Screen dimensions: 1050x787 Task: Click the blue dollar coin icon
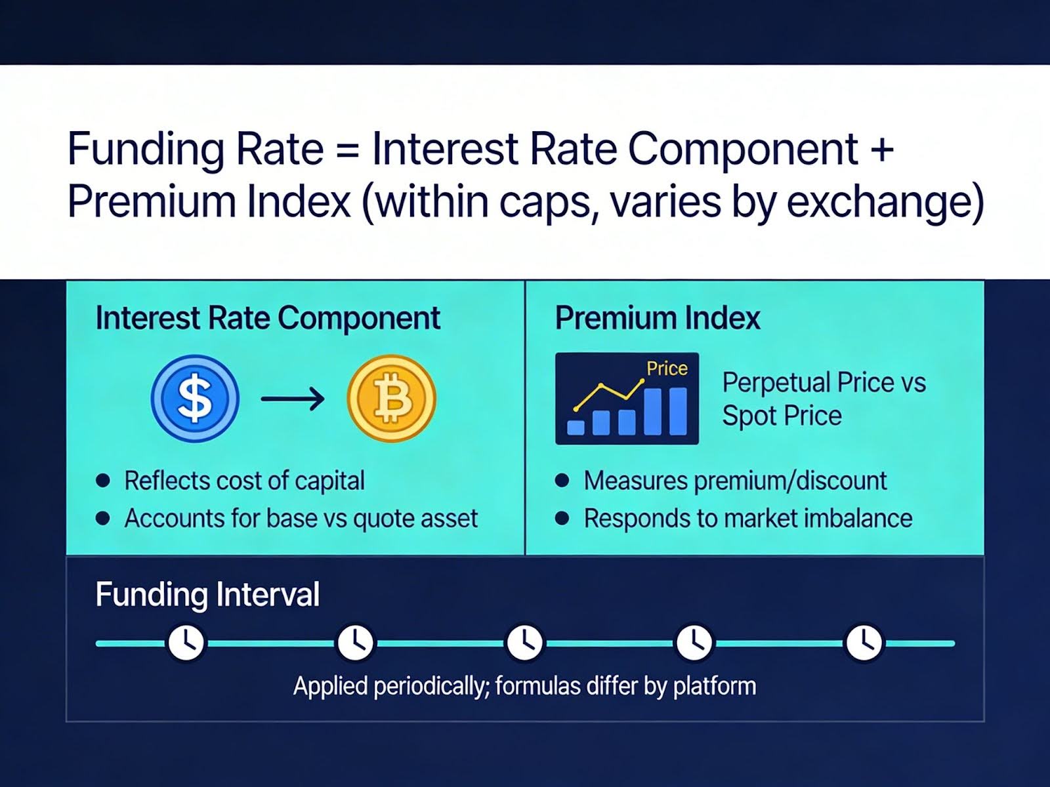[195, 398]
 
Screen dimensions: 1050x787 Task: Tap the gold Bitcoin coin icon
[391, 398]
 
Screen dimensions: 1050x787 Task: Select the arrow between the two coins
[293, 398]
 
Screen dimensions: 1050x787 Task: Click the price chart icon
[627, 398]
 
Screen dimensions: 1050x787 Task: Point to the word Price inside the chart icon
[667, 369]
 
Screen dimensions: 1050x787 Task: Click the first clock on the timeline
[186, 643]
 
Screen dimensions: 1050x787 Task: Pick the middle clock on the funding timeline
[524, 643]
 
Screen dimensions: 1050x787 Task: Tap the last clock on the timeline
[864, 643]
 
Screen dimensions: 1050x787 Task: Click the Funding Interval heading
[207, 595]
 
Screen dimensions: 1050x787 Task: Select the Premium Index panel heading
[658, 318]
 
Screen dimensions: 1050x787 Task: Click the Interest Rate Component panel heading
[268, 318]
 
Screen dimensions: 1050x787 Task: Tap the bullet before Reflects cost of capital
[103, 481]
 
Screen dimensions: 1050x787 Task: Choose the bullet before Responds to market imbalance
[562, 519]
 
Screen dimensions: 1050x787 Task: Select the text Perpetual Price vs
[824, 382]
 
